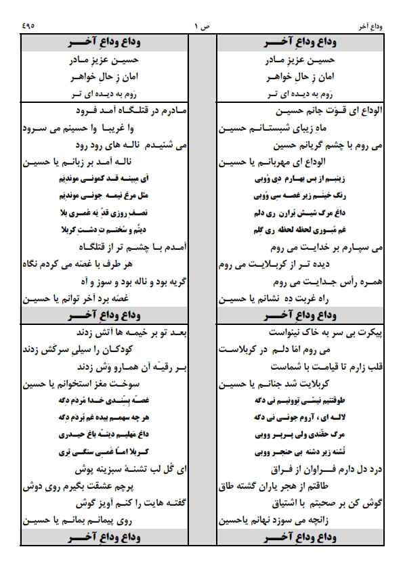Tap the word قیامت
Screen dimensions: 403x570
click(x=295, y=368)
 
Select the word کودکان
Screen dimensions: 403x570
click(x=164, y=350)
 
